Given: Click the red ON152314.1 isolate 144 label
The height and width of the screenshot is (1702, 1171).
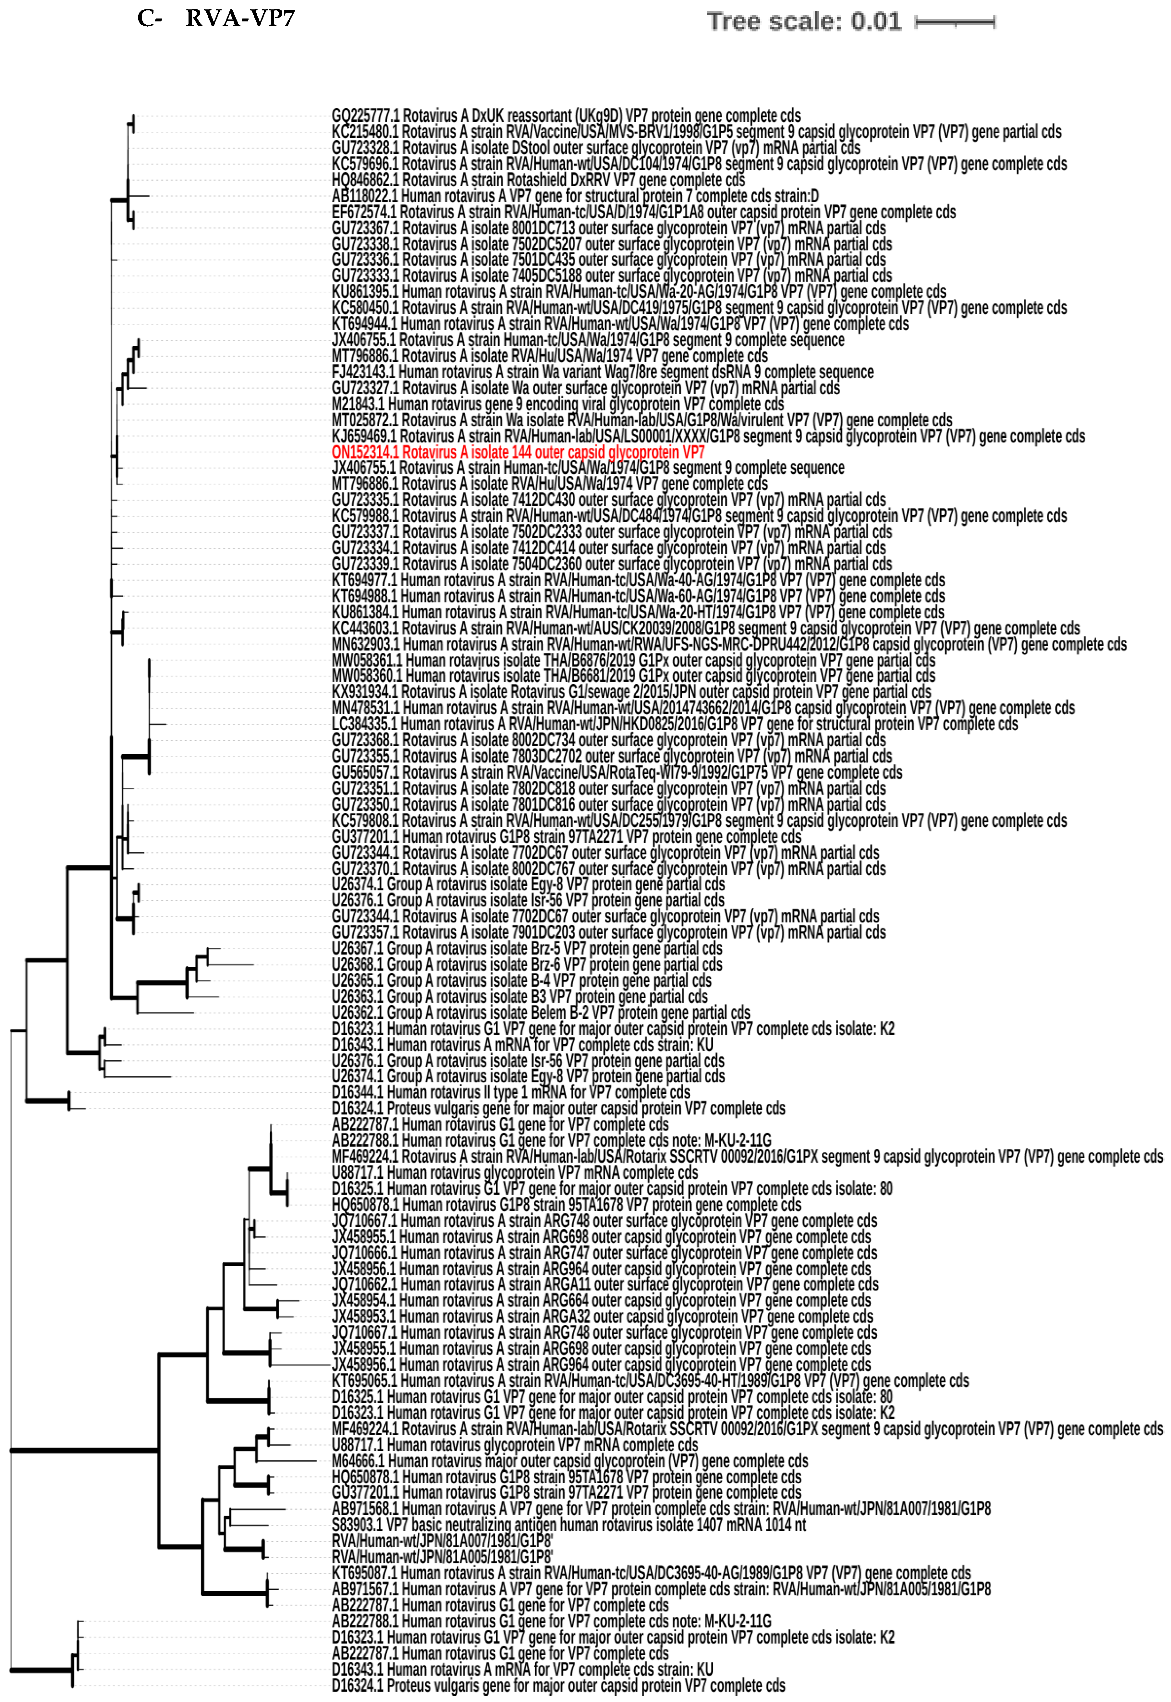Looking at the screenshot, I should click(518, 452).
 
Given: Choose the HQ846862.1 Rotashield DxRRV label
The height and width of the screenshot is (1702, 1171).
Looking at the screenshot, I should click(538, 180).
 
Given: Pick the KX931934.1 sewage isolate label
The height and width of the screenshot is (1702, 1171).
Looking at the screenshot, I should click(631, 692).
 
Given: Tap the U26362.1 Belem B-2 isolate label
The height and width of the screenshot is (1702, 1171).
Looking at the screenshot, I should click(541, 1012).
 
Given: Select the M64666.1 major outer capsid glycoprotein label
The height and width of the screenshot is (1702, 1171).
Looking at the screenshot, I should click(569, 1461).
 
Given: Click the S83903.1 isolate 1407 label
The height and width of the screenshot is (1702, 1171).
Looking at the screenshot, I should click(568, 1525).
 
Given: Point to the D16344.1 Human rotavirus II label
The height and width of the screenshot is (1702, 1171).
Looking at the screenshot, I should click(511, 1092).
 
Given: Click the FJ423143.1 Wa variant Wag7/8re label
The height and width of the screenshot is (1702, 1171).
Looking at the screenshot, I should click(603, 372).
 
